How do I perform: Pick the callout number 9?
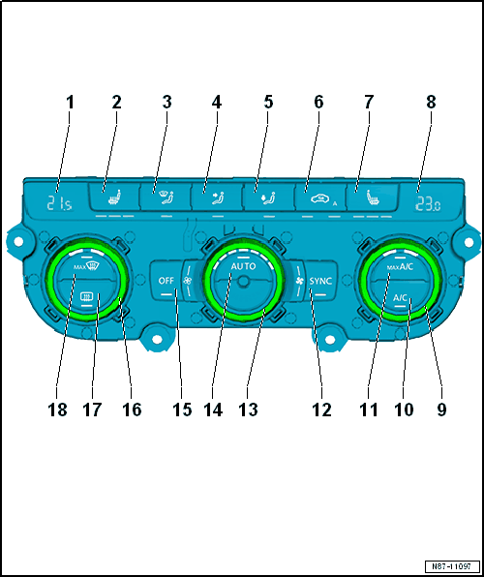click(x=440, y=410)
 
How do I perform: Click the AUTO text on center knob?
click(x=242, y=263)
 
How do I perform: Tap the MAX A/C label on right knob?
click(x=400, y=266)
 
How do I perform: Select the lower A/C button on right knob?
click(x=400, y=297)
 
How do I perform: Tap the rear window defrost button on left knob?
click(x=85, y=297)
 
